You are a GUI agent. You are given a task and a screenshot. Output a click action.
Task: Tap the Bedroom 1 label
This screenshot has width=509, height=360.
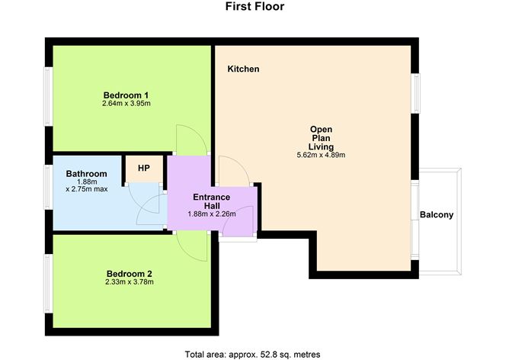[126, 95]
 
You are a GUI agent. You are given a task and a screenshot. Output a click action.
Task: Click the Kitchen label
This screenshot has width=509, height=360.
[243, 69]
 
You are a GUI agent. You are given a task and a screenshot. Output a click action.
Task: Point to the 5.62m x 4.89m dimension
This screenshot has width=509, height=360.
[321, 156]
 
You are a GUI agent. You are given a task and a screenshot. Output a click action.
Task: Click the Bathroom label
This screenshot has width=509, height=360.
[86, 173]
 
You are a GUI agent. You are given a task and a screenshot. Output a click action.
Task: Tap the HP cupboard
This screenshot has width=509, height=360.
[143, 168]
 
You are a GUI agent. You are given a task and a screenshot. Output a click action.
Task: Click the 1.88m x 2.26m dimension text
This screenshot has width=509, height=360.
[211, 214]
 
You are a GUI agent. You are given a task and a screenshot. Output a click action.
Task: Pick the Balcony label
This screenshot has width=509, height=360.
[437, 215]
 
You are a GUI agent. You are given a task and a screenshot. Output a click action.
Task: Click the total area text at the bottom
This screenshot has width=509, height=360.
[253, 354]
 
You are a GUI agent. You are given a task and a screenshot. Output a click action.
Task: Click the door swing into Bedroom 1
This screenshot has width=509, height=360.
[189, 139]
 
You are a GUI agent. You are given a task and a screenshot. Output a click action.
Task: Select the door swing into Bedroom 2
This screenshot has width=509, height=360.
[190, 246]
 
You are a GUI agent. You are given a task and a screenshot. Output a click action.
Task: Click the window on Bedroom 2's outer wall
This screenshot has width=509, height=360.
[47, 280]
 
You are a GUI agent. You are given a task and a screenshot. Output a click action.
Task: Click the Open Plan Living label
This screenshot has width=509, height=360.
[321, 138]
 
